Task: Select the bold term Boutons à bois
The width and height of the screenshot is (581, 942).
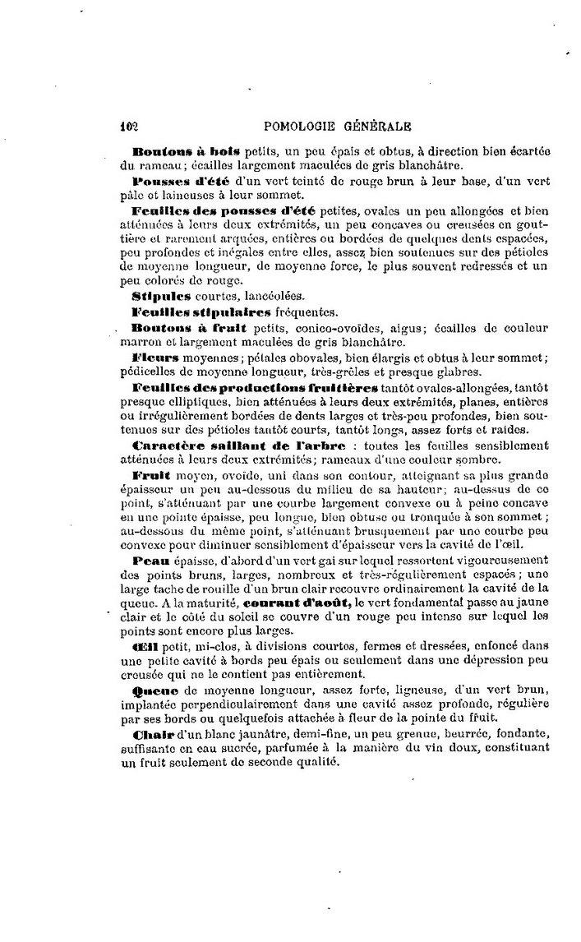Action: (186, 151)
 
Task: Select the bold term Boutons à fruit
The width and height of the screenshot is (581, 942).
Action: (181, 328)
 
